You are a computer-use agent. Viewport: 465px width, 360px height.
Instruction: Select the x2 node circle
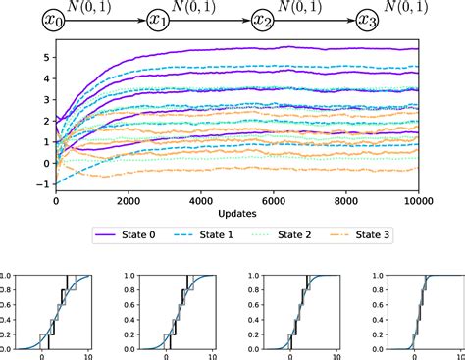262,20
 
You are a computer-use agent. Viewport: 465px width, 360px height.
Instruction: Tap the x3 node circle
366,20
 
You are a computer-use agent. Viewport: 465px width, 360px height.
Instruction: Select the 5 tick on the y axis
46,57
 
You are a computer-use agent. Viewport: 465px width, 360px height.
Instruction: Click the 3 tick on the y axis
46,99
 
